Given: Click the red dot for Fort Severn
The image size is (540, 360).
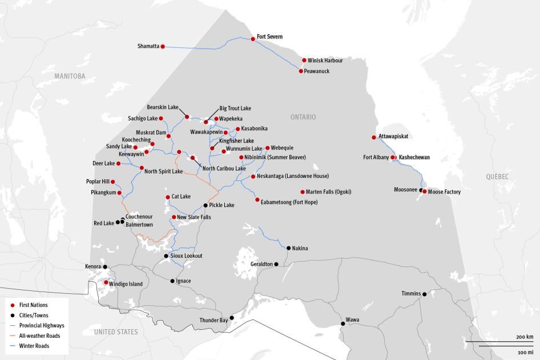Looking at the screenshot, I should (x=252, y=39).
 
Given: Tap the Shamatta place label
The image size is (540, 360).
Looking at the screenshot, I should (x=148, y=46).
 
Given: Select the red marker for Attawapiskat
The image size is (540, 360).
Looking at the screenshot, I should (x=374, y=137).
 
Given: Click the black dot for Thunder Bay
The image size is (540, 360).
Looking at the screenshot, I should (x=232, y=318).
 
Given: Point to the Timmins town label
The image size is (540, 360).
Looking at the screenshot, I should (x=411, y=293).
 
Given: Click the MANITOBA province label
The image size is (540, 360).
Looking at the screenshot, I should (x=70, y=76).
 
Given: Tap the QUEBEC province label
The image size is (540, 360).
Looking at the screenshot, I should (x=497, y=177).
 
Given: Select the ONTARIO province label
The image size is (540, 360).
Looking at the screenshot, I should (x=303, y=117).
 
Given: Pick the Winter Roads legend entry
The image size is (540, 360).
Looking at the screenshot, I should (x=34, y=346).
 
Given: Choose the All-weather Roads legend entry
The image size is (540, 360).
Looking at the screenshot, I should (x=39, y=335).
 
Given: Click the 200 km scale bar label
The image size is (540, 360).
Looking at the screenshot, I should (x=525, y=337).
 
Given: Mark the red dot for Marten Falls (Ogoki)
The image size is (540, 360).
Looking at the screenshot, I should (x=303, y=192).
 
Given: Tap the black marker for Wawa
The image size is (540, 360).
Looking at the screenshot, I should (x=343, y=323).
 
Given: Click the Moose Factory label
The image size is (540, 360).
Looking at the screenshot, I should (x=444, y=192).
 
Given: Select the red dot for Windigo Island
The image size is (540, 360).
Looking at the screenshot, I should (x=106, y=282).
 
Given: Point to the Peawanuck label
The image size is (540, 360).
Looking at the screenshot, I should (x=317, y=71).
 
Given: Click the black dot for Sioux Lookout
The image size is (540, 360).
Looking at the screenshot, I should (x=166, y=256).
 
